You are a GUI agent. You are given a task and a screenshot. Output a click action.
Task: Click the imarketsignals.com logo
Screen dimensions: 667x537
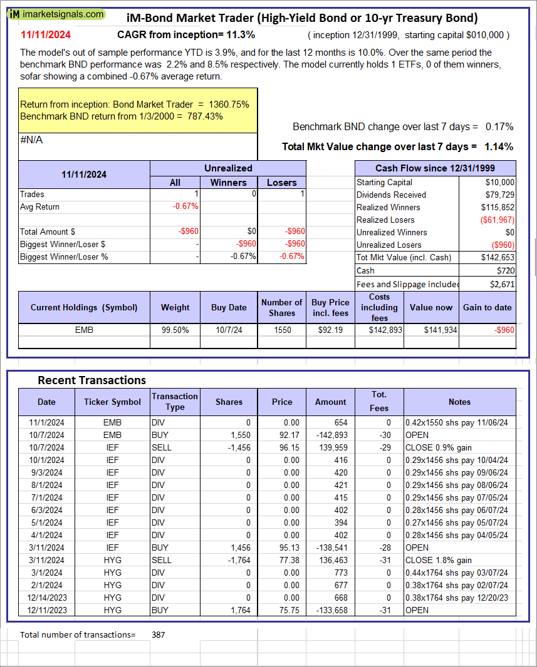pos(57,14)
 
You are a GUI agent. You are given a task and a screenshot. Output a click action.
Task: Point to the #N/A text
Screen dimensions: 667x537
pos(31,140)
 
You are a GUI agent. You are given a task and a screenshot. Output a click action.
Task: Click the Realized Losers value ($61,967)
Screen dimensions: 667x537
pos(497,220)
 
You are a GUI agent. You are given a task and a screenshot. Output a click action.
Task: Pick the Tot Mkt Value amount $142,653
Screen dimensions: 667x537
pos(498,257)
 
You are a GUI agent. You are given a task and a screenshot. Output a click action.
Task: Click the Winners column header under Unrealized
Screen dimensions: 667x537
pos(228,182)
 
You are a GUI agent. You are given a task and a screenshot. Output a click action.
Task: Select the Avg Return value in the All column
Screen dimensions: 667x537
pos(186,206)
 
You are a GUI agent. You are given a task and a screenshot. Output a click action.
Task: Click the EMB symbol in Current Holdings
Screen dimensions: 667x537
pos(83,330)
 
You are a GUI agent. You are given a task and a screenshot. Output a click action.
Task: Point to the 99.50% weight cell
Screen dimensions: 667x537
pos(175,330)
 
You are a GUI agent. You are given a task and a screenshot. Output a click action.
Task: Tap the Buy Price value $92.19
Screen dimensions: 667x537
pos(330,330)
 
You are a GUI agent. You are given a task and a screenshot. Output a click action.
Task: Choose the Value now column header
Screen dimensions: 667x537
pos(430,307)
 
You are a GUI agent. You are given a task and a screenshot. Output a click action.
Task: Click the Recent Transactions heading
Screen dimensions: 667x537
pos(91,380)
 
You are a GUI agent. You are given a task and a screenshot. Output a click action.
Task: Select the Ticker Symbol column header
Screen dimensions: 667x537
pos(112,402)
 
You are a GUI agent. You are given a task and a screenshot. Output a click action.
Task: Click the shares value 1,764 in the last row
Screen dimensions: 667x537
pos(240,610)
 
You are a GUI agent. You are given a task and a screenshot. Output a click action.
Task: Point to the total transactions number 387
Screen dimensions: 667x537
pos(159,634)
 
